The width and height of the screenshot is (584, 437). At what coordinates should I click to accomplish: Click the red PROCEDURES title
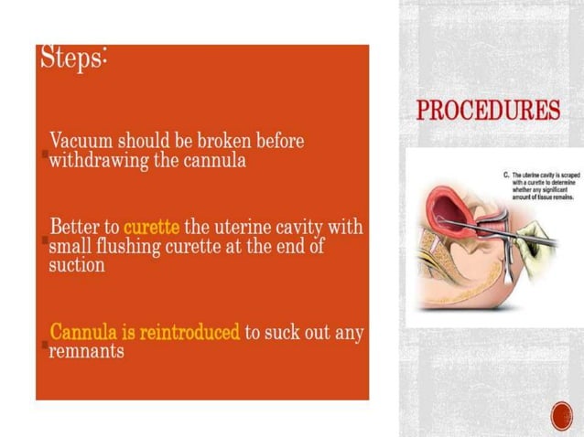488,112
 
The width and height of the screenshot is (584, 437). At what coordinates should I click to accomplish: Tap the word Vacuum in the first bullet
81,143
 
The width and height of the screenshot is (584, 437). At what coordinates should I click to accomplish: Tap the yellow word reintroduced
194,331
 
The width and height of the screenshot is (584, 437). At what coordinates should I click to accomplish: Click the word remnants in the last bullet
86,351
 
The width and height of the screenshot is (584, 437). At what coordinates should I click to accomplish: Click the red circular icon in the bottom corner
561,416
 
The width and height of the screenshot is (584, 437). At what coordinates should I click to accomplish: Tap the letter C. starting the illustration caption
507,173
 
